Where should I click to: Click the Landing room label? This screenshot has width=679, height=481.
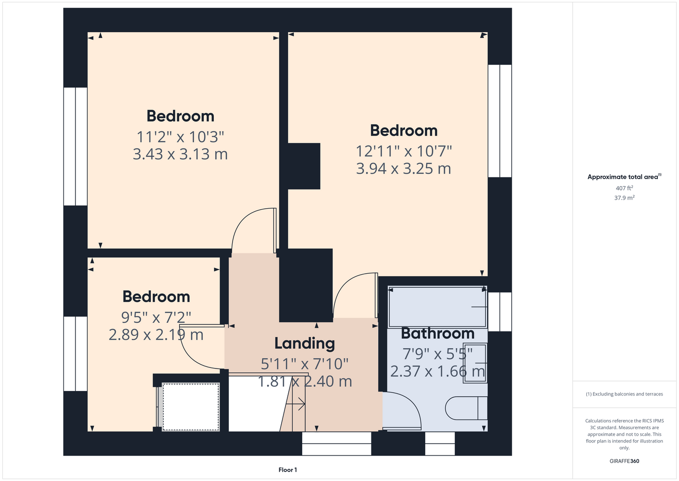305,344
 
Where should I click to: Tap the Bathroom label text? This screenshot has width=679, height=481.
438,333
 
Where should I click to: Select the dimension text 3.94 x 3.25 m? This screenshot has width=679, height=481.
404,168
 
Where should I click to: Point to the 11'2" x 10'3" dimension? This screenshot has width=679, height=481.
180,137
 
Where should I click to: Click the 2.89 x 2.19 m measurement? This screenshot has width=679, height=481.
156,335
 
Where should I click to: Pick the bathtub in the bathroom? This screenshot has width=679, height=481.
437,307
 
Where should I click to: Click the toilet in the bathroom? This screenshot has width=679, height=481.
466,408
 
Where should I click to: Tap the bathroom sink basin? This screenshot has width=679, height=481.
475,363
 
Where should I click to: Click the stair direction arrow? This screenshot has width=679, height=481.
296,404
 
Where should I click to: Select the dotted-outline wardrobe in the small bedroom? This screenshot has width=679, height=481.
191,406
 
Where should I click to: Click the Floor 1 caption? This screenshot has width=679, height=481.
288,470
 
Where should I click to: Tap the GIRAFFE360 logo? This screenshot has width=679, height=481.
624,461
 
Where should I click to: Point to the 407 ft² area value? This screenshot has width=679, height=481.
624,188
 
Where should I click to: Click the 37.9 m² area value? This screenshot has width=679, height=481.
624,198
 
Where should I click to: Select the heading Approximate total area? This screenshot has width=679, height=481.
624,177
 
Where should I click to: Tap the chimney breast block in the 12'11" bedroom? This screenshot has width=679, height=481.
304,166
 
